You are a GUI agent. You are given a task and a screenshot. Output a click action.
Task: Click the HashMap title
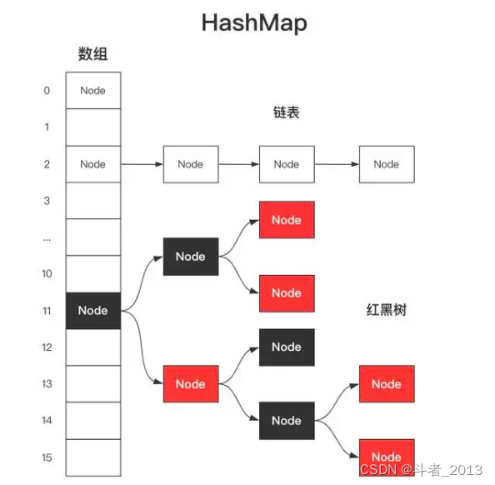[253, 22]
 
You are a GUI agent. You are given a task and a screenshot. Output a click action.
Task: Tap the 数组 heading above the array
[92, 55]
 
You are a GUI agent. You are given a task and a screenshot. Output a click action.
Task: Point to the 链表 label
[286, 112]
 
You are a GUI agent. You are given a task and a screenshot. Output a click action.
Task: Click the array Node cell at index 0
[92, 90]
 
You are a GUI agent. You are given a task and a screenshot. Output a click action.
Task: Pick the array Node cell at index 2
[92, 164]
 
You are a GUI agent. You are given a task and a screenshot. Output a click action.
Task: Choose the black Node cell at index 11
[92, 311]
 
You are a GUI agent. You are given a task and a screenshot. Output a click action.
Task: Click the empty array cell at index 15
[92, 457]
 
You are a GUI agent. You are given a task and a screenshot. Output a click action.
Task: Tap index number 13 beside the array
[47, 384]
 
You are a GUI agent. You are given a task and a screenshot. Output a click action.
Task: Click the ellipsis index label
[47, 237]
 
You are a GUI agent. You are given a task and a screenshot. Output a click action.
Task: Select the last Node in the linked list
[386, 164]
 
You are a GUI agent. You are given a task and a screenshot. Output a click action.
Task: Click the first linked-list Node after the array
[190, 164]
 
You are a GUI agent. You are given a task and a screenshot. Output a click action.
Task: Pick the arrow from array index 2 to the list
[142, 164]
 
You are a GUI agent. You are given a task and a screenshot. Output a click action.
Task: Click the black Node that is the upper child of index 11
[190, 256]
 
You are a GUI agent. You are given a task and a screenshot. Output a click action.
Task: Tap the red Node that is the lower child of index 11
[190, 384]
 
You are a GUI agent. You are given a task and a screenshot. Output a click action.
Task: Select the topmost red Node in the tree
[286, 220]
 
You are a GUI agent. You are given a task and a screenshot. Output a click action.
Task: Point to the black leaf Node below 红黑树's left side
[286, 347]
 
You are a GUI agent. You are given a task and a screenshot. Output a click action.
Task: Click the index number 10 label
[47, 274]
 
